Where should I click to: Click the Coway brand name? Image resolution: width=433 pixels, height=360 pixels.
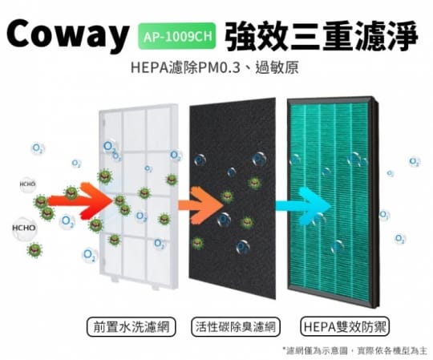coord(67,34)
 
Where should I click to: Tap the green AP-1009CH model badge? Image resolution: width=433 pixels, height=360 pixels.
coord(176,36)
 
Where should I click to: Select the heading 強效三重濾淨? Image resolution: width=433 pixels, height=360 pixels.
coord(322,36)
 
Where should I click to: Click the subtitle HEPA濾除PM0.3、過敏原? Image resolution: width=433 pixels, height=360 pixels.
coord(215,67)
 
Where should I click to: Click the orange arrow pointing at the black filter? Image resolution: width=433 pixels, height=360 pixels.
coord(200,204)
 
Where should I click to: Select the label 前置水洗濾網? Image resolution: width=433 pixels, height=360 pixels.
coord(132,327)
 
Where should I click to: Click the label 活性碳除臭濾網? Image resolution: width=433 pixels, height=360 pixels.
coord(236,327)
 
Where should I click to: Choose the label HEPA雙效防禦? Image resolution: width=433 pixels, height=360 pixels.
coord(345,327)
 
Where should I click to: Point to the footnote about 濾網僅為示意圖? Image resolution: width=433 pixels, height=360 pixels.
coord(354,351)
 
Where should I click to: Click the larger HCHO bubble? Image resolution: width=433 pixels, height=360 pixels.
coord(24,228)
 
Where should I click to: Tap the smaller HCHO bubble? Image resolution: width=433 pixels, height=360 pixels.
coord(27,184)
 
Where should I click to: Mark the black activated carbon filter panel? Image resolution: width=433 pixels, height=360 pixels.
coord(233,198)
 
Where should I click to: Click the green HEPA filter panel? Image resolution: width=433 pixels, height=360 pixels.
coord(334,202)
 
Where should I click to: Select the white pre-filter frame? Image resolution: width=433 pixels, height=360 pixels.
coord(139,196)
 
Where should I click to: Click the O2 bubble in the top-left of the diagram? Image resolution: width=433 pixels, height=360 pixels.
coord(38,148)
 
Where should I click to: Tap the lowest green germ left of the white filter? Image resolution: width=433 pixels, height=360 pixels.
coord(34,250)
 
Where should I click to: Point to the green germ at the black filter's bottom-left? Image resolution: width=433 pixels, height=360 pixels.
coord(197,244)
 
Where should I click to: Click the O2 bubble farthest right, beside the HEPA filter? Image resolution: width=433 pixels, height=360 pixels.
coord(415,161)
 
